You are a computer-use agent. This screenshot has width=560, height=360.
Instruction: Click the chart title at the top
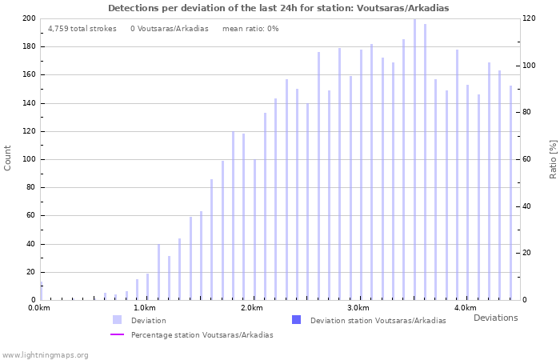click(278, 8)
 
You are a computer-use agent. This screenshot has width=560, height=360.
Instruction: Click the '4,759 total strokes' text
click(82, 29)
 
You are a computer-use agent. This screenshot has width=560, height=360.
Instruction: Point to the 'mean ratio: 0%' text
click(250, 29)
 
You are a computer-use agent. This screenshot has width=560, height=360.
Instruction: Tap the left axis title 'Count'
click(8, 158)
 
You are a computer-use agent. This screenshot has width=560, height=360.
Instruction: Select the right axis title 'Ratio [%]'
click(553, 158)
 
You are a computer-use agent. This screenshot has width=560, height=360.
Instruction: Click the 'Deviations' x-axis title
click(495, 318)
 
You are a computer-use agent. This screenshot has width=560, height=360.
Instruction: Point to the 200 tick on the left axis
click(28, 18)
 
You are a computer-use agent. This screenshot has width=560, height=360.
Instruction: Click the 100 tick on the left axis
click(28, 159)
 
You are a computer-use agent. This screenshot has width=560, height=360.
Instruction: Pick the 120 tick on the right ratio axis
click(530, 18)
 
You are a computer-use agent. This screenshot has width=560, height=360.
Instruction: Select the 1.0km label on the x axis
click(145, 308)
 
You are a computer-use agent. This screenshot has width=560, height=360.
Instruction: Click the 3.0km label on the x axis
click(358, 308)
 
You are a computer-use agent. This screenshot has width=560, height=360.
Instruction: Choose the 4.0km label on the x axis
click(465, 308)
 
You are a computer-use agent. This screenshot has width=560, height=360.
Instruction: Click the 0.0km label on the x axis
click(38, 308)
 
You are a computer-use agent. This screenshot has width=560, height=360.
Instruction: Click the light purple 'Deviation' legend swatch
click(117, 320)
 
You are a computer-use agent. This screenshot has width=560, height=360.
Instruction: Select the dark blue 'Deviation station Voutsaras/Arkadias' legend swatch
click(296, 320)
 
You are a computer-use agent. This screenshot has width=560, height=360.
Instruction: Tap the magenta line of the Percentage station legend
click(117, 335)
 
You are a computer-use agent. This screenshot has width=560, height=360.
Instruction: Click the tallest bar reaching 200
click(414, 160)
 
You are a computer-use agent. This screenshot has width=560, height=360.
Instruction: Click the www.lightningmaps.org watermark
click(45, 354)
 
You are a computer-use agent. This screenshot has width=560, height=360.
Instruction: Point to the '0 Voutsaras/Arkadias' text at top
click(169, 29)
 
